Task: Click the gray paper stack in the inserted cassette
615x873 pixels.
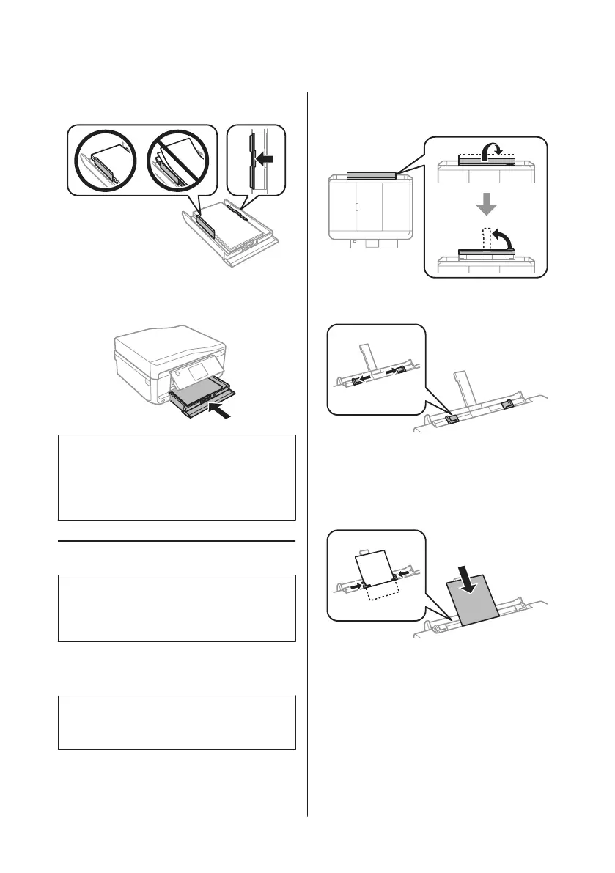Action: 194,395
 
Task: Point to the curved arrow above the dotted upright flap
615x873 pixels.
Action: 501,236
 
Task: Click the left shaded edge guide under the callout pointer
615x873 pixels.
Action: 453,419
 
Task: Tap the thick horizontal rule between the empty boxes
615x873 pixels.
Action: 177,542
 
